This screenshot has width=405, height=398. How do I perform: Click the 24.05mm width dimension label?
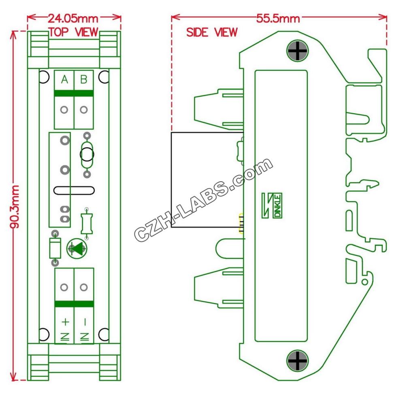pos(74,18)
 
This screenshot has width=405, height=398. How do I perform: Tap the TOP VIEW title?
pos(73,32)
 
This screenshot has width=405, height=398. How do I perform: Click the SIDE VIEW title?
pos(211,33)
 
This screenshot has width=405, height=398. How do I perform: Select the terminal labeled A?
pos(64,80)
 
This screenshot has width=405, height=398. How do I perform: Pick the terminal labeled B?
pos(83,80)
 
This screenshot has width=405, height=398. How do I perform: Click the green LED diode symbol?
pos(77,249)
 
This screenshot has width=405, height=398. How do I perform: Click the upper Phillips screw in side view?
pos(298,51)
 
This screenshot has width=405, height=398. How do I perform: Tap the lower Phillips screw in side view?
pos(298,360)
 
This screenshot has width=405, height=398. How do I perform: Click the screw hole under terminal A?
pos(64,110)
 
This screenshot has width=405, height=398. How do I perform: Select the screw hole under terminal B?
pos(83,110)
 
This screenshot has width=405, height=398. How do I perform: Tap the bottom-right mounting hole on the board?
pos(104,334)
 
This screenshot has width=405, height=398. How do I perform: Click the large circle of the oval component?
pos(87,154)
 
